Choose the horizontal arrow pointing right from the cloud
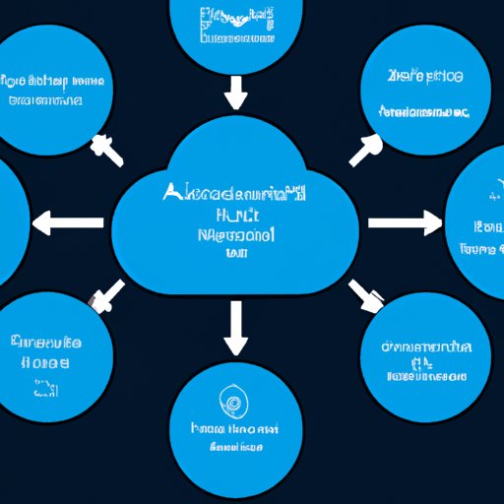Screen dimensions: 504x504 pyautogui.click(x=404, y=223)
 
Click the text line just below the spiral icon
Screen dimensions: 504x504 pyautogui.click(x=235, y=430)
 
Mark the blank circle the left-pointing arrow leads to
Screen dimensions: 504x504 pyautogui.click(x=10, y=224)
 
